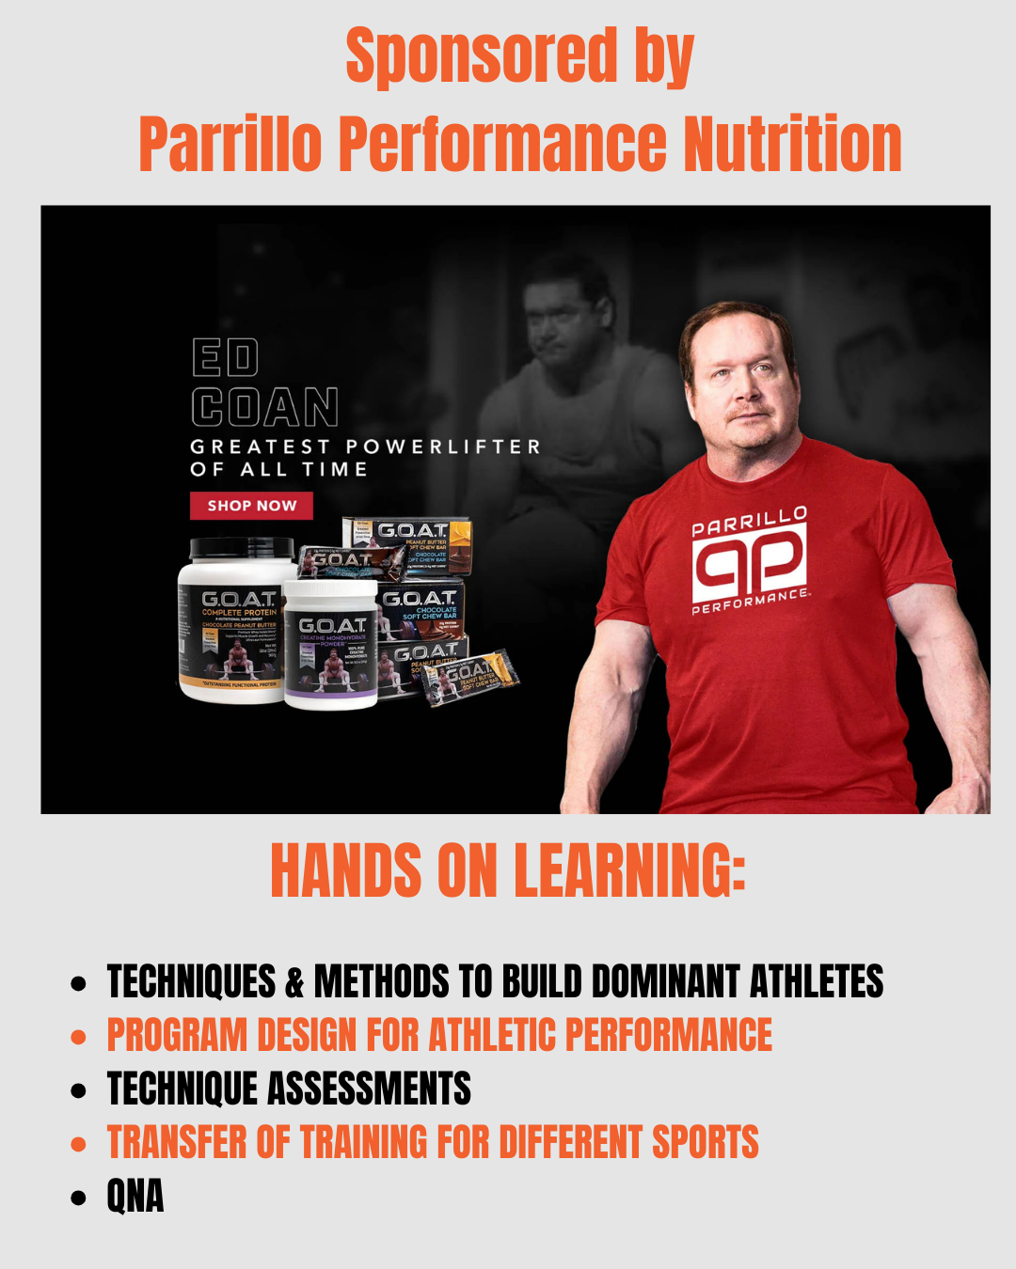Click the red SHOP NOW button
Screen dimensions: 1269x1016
(251, 506)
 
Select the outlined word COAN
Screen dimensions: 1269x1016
(264, 408)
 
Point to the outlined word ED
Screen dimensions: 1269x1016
(225, 358)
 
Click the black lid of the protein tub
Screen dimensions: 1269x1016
(243, 548)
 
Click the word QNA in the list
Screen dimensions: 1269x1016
(135, 1197)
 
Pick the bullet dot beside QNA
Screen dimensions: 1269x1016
(79, 1198)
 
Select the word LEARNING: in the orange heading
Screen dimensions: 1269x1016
(629, 869)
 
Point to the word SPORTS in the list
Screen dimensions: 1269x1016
(705, 1143)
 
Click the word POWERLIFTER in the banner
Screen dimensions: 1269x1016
(443, 446)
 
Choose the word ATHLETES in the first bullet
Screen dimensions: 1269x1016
(816, 982)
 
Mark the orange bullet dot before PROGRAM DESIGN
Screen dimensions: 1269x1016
(79, 1038)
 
